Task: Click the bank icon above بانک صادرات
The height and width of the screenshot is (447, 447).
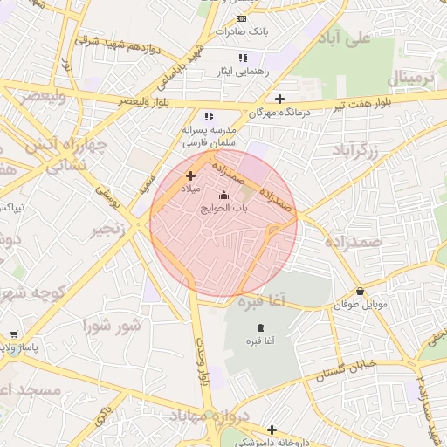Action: [242, 18]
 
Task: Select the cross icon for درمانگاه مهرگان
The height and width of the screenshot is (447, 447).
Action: [279, 99]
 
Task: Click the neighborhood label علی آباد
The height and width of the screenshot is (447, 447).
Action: [347, 38]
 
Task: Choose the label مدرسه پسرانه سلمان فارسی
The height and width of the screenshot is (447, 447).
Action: [209, 134]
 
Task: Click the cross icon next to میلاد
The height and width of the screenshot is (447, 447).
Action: [190, 175]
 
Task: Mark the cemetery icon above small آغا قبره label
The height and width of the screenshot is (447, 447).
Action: [259, 326]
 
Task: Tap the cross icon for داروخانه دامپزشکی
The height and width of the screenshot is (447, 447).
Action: [272, 429]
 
